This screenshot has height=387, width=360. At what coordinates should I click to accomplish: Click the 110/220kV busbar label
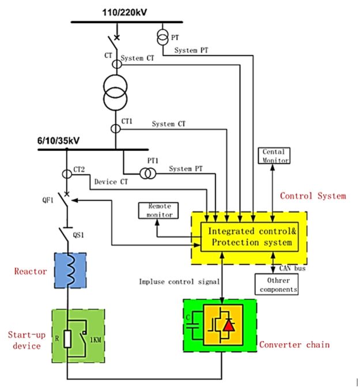(x=124, y=12)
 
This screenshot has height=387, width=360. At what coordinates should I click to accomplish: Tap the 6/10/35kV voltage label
(x=58, y=141)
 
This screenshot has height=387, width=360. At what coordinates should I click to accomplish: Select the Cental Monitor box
(x=274, y=155)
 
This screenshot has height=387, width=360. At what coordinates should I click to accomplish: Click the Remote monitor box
(x=158, y=211)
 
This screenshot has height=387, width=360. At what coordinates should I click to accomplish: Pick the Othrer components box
(x=276, y=284)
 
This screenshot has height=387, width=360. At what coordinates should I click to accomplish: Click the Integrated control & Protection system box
(x=249, y=237)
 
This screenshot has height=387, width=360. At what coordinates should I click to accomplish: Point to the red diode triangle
(x=229, y=325)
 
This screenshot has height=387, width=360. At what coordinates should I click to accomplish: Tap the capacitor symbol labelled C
(x=193, y=326)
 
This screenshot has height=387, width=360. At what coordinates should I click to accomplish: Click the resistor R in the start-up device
(x=67, y=339)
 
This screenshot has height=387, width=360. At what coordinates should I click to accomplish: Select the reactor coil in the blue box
(x=71, y=270)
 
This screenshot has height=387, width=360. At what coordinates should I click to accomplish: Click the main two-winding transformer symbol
(x=115, y=93)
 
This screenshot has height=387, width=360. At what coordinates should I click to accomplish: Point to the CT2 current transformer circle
(x=67, y=174)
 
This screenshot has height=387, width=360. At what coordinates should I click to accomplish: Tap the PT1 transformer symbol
(x=147, y=173)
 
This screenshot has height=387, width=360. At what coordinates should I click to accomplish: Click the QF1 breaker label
(x=48, y=200)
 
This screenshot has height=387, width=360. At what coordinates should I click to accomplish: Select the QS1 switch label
(x=78, y=235)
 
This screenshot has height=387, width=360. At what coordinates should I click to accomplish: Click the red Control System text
(x=313, y=196)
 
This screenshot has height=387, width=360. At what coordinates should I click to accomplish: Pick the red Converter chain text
(x=294, y=344)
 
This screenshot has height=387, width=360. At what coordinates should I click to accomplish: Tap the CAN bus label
(x=293, y=268)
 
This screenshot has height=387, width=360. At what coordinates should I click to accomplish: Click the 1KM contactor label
(x=96, y=340)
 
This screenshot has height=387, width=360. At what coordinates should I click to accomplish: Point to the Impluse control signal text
(x=179, y=282)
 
